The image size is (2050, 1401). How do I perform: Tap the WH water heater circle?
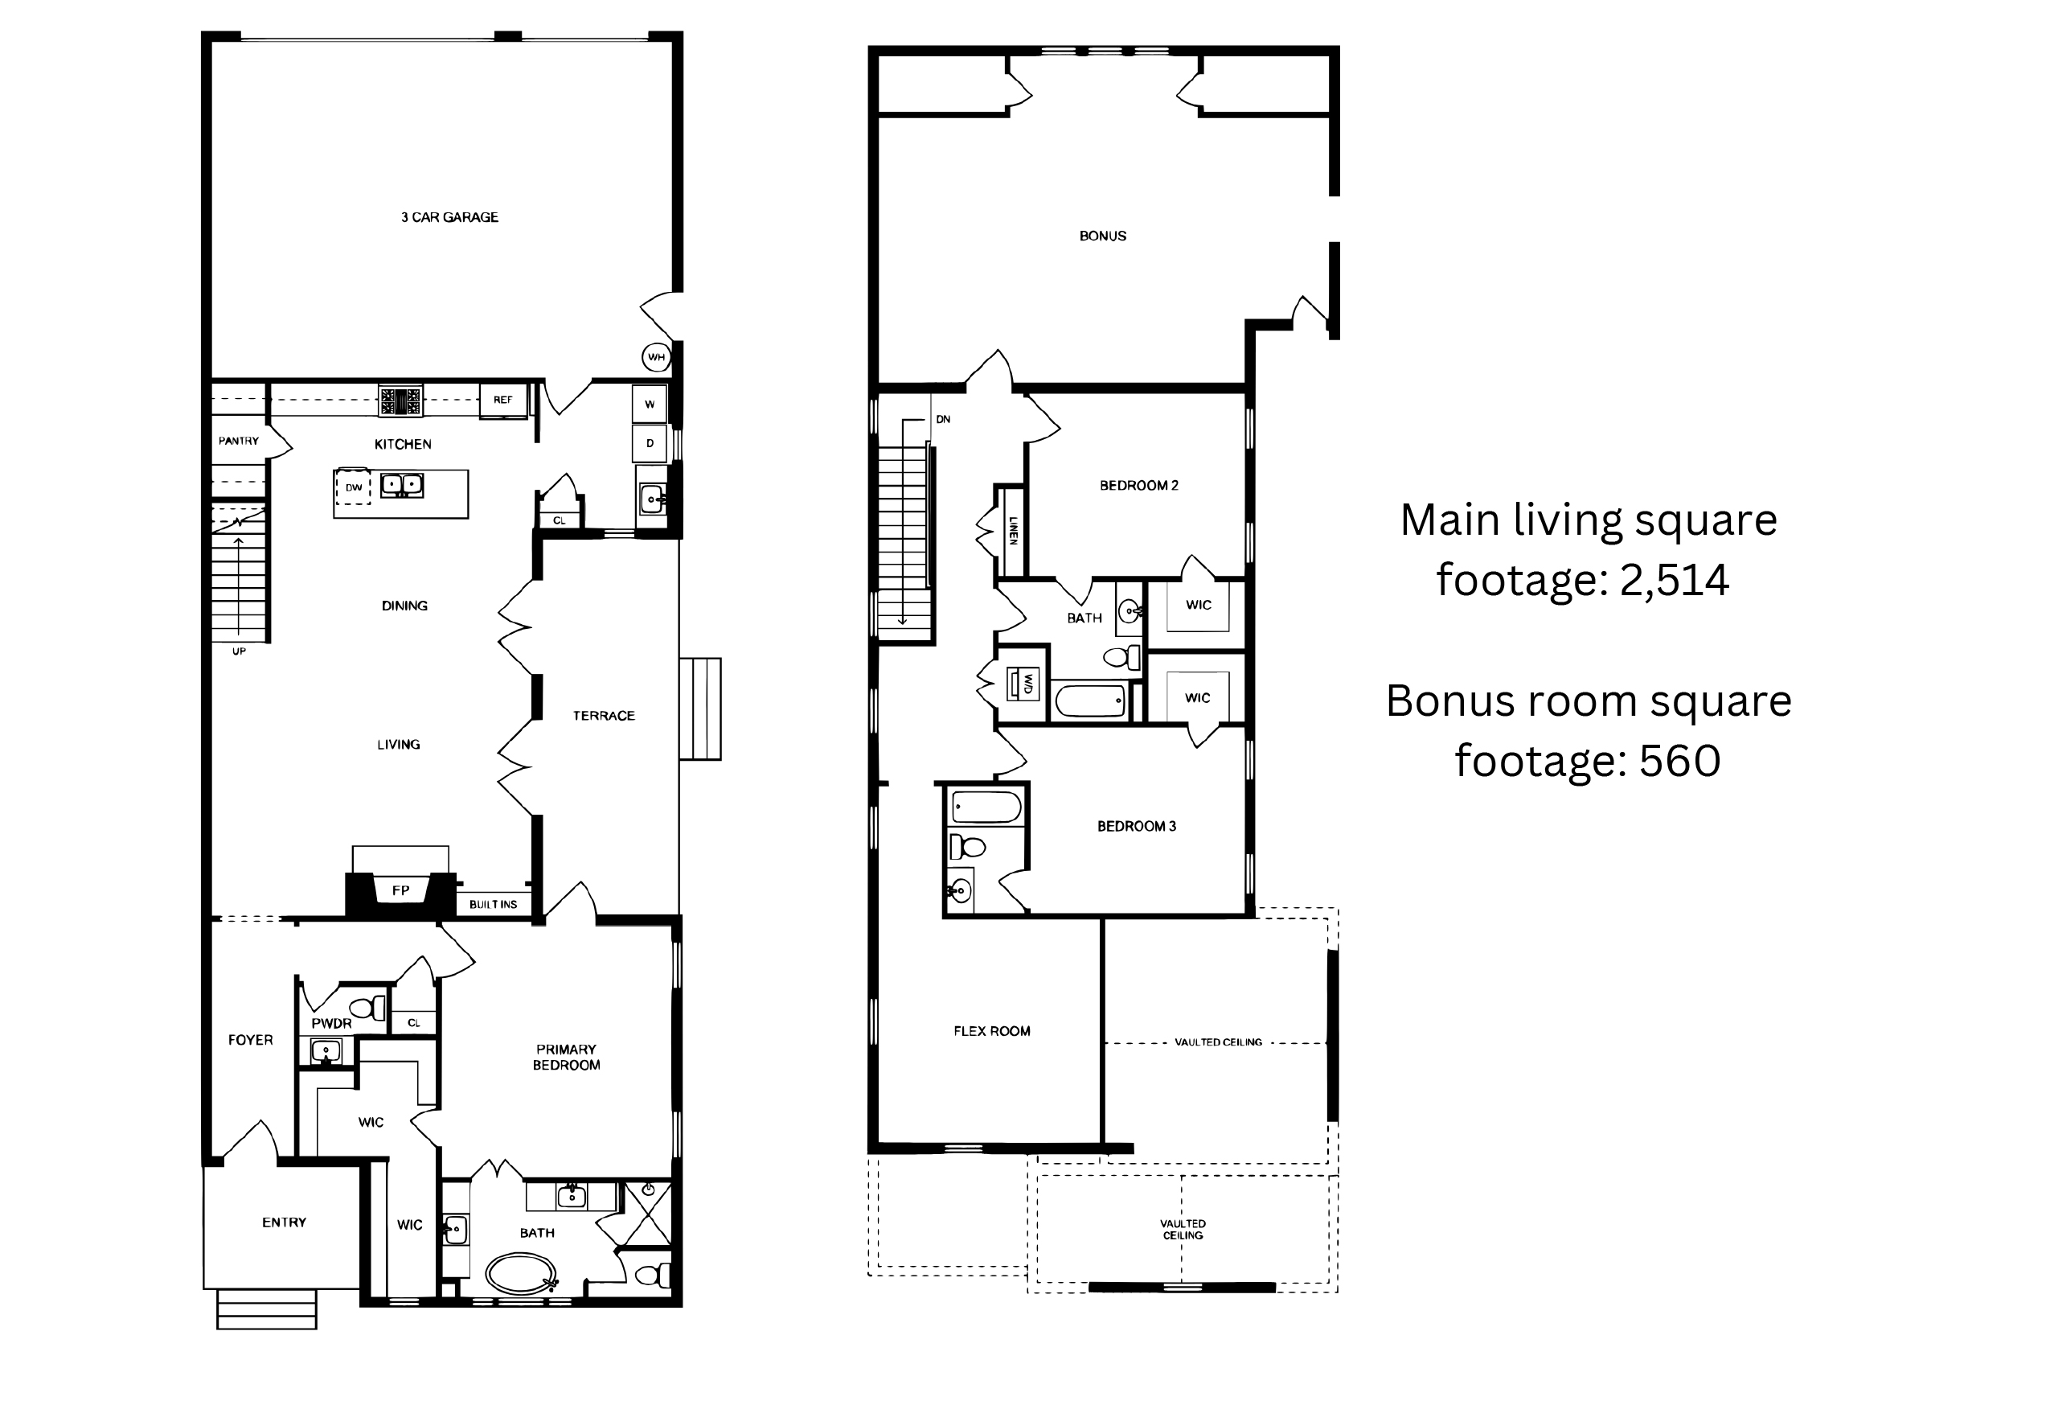(x=656, y=357)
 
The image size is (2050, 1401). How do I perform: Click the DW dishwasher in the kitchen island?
(x=353, y=487)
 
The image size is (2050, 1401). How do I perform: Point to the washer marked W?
(x=650, y=404)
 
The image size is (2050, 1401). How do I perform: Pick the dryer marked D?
(x=650, y=444)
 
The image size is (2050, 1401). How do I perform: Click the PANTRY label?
(x=239, y=441)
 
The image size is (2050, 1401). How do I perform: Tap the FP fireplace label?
(x=400, y=891)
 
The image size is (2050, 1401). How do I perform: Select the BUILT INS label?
(x=493, y=904)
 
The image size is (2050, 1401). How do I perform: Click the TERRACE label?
(x=605, y=716)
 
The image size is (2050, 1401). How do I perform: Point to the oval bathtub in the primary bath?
(x=521, y=1274)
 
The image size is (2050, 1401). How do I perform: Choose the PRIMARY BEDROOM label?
(x=566, y=1057)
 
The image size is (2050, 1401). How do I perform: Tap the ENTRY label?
(x=284, y=1222)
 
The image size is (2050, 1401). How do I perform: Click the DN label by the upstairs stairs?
(x=943, y=419)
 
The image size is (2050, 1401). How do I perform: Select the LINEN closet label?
(x=1014, y=530)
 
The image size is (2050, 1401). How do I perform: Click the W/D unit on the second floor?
(x=1026, y=684)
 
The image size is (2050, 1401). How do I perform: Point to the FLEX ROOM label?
(x=991, y=1030)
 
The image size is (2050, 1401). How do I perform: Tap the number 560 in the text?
(x=1679, y=761)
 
